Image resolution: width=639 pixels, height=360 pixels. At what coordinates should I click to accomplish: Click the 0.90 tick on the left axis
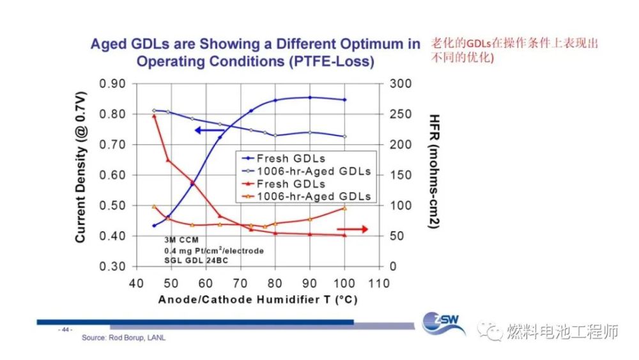click(x=112, y=84)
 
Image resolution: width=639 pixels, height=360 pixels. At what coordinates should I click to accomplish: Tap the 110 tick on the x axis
click(x=380, y=283)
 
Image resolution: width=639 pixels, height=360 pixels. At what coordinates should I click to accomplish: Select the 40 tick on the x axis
click(x=135, y=283)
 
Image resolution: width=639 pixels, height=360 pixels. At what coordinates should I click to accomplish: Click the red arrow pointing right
click(x=352, y=229)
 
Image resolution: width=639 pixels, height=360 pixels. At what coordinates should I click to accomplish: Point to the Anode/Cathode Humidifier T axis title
click(x=255, y=299)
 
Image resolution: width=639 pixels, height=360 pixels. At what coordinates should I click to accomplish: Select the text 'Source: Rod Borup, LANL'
click(x=123, y=338)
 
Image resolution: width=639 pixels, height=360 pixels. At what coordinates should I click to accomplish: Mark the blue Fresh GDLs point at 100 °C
click(x=345, y=100)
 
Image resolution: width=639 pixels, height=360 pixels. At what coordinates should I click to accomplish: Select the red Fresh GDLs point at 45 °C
click(x=154, y=116)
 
